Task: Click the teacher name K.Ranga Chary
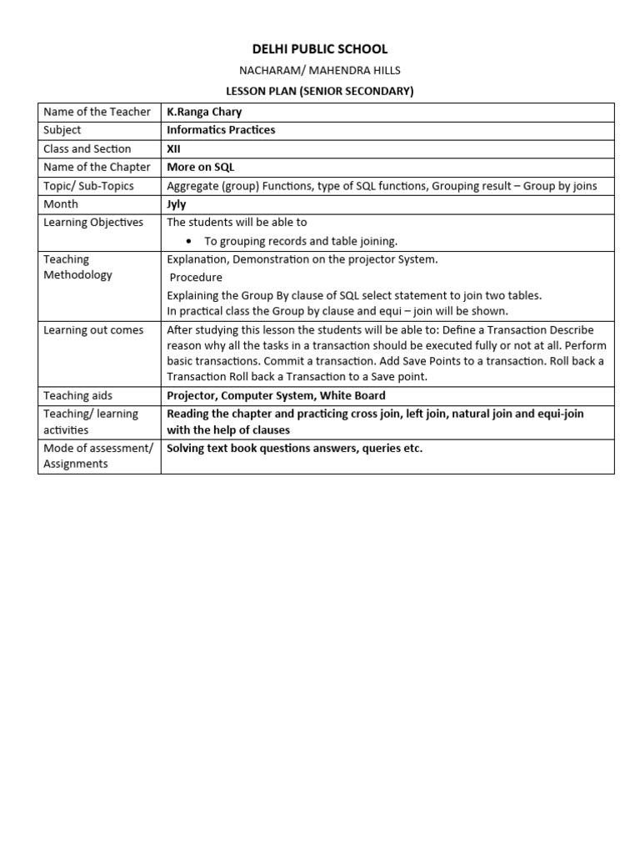pyautogui.click(x=204, y=112)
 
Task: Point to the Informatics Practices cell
pyautogui.click(x=221, y=130)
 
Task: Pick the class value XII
pyautogui.click(x=173, y=148)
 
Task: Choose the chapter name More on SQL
pyautogui.click(x=201, y=167)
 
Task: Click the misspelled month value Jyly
pyautogui.click(x=177, y=203)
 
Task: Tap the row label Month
pyautogui.click(x=61, y=203)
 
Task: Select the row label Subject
pyautogui.click(x=62, y=130)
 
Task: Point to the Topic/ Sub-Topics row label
pyautogui.click(x=88, y=185)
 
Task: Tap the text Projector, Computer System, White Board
pyautogui.click(x=276, y=395)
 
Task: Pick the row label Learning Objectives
pyautogui.click(x=93, y=222)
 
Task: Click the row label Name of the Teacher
pyautogui.click(x=97, y=112)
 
